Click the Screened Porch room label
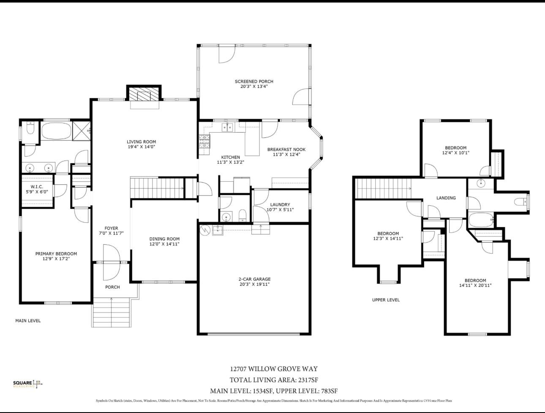point(254,81)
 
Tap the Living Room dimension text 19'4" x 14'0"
point(142,147)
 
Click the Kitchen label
point(230,157)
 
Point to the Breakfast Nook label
point(286,149)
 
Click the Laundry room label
point(280,205)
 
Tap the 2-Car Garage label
point(254,279)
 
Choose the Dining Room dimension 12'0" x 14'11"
point(164,244)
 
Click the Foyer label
point(112,228)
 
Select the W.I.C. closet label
point(37,187)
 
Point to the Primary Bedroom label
point(56,254)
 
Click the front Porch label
point(112,287)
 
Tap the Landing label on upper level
point(446,198)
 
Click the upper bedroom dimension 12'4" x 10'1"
point(455,153)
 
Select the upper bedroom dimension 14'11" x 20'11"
point(475,285)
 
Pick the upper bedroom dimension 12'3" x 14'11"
point(388,238)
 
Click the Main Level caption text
point(28,321)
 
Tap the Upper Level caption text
point(386,300)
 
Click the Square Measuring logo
point(28,384)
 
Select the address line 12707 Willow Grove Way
point(274,369)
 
